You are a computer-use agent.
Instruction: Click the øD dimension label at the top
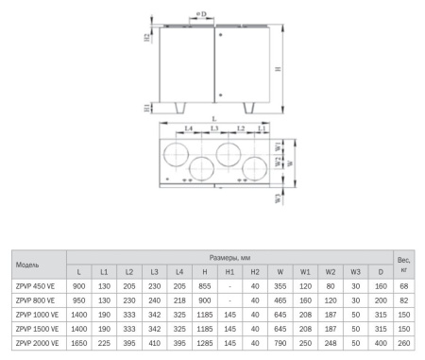[201, 14]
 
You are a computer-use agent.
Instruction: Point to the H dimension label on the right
[278, 69]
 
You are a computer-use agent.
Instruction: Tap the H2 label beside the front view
[147, 38]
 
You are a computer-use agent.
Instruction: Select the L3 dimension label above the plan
[214, 129]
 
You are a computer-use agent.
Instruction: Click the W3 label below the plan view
[278, 198]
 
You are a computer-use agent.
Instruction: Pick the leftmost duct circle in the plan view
[176, 154]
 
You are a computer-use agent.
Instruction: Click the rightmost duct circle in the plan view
[255, 168]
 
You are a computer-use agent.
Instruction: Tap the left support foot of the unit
[180, 108]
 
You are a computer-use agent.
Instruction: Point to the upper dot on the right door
[221, 35]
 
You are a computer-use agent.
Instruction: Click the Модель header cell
[27, 265]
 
